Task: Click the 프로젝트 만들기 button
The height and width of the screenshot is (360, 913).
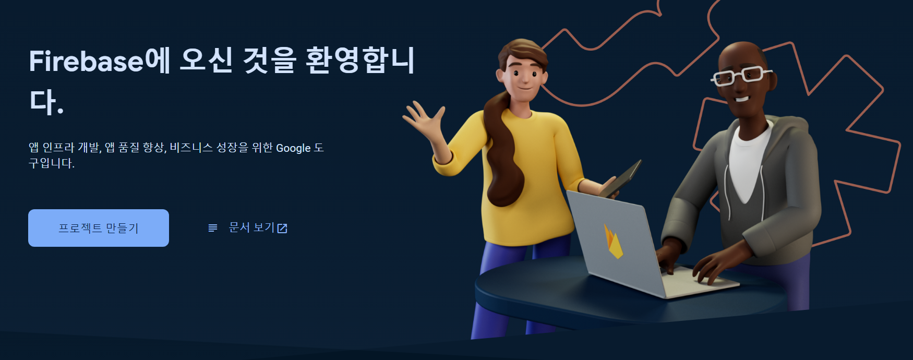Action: click(99, 228)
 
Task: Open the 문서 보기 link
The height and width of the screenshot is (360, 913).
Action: click(251, 227)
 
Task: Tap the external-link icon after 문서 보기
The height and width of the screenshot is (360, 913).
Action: click(282, 228)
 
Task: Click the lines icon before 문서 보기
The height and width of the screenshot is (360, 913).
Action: click(213, 228)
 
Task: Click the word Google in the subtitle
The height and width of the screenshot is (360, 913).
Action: click(293, 148)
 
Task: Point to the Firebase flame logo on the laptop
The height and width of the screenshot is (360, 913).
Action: click(614, 242)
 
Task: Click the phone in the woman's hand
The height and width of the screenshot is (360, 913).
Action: click(623, 179)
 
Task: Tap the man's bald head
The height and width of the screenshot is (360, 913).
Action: click(741, 52)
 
